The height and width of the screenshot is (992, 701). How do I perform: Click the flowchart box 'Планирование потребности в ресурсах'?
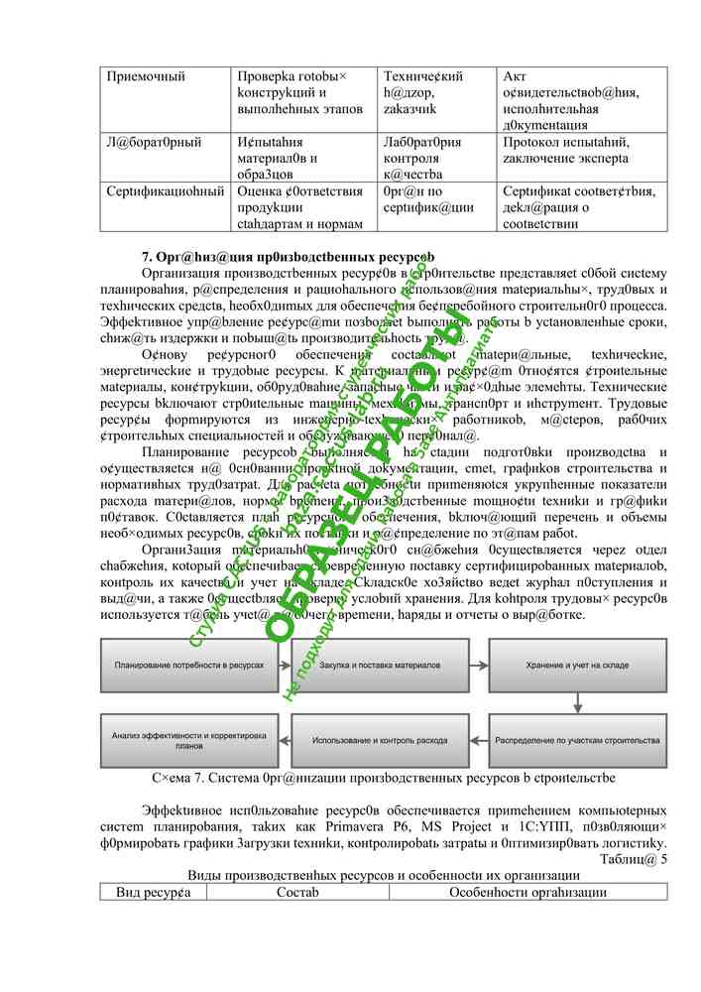(x=189, y=665)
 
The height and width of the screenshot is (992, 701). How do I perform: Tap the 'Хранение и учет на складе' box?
(x=576, y=665)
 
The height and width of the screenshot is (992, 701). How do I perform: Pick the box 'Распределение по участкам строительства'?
(x=576, y=740)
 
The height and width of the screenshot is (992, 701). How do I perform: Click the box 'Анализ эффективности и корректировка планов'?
(x=189, y=740)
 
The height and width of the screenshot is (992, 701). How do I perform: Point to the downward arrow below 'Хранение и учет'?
(x=576, y=701)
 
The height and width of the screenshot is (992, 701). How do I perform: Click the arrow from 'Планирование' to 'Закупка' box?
(x=285, y=665)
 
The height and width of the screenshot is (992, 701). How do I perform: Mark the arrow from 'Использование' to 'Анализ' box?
(x=285, y=740)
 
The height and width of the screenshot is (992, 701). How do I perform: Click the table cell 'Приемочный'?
(x=146, y=76)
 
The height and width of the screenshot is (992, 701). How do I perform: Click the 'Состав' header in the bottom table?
(x=297, y=892)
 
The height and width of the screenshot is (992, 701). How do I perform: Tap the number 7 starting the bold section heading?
(x=146, y=257)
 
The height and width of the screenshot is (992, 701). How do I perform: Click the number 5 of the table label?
(x=663, y=859)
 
